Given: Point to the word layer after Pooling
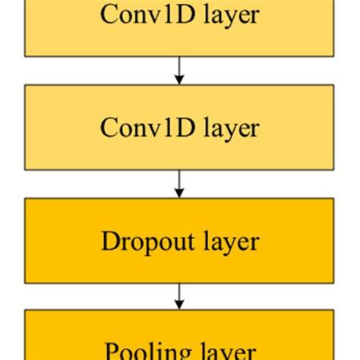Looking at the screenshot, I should (x=226, y=351).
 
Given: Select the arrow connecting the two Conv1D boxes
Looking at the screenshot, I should (x=179, y=70).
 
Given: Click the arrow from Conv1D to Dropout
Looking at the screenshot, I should (x=179, y=184).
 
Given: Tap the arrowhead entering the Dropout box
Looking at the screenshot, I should (x=179, y=194).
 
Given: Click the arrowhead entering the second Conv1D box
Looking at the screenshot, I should (x=179, y=80).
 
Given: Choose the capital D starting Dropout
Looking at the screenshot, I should (x=108, y=242).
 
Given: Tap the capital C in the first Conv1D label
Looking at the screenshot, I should (x=108, y=14).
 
